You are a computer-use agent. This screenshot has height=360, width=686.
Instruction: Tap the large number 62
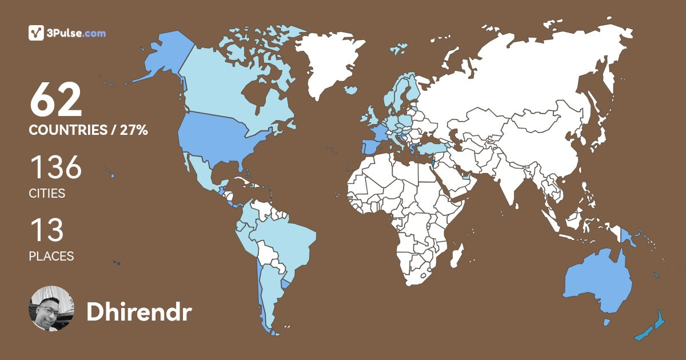click(x=56, y=101)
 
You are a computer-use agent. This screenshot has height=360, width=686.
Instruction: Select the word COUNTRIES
click(x=68, y=130)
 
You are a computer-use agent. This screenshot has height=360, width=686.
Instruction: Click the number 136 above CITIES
click(x=55, y=169)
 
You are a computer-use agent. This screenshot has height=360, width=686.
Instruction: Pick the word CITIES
click(x=47, y=194)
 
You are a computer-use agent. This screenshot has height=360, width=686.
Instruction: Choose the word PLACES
click(x=51, y=257)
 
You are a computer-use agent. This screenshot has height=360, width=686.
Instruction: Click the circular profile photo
click(x=51, y=309)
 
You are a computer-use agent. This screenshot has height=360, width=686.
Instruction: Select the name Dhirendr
click(x=139, y=311)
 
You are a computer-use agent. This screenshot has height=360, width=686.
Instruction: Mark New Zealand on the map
click(x=652, y=328)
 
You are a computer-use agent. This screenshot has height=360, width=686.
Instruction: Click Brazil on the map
click(x=286, y=240)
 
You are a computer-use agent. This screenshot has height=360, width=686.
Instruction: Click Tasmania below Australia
click(x=606, y=322)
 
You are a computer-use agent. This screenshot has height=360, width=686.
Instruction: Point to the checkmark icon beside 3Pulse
click(x=36, y=33)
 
